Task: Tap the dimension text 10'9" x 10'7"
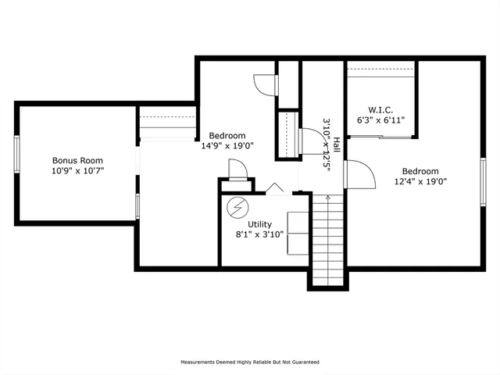pyautogui.click(x=77, y=170)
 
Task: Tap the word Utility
pyautogui.click(x=260, y=224)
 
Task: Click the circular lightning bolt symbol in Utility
pyautogui.click(x=235, y=208)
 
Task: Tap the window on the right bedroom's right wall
pyautogui.click(x=483, y=182)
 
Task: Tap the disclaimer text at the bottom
pyautogui.click(x=250, y=362)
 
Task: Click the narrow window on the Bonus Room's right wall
pyautogui.click(x=137, y=207)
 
